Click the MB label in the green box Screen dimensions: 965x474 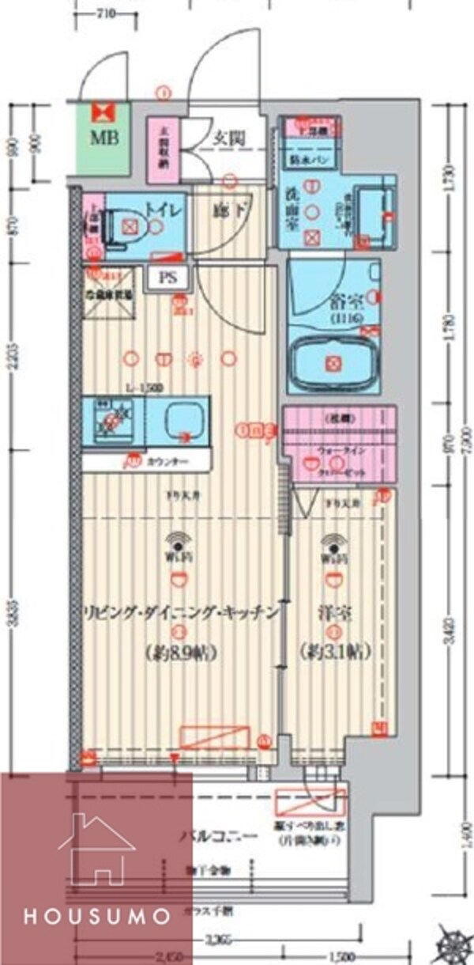[x=103, y=138]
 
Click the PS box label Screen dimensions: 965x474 [x=168, y=278]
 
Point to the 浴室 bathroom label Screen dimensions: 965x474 [x=342, y=301]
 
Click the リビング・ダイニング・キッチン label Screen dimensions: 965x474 [x=182, y=611]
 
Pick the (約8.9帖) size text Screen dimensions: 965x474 [x=182, y=653]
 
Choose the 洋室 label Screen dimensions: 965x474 [x=335, y=611]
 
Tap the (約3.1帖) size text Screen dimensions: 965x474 [x=336, y=653]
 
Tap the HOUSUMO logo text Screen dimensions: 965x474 [x=96, y=918]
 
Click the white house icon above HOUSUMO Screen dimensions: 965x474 [x=96, y=850]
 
